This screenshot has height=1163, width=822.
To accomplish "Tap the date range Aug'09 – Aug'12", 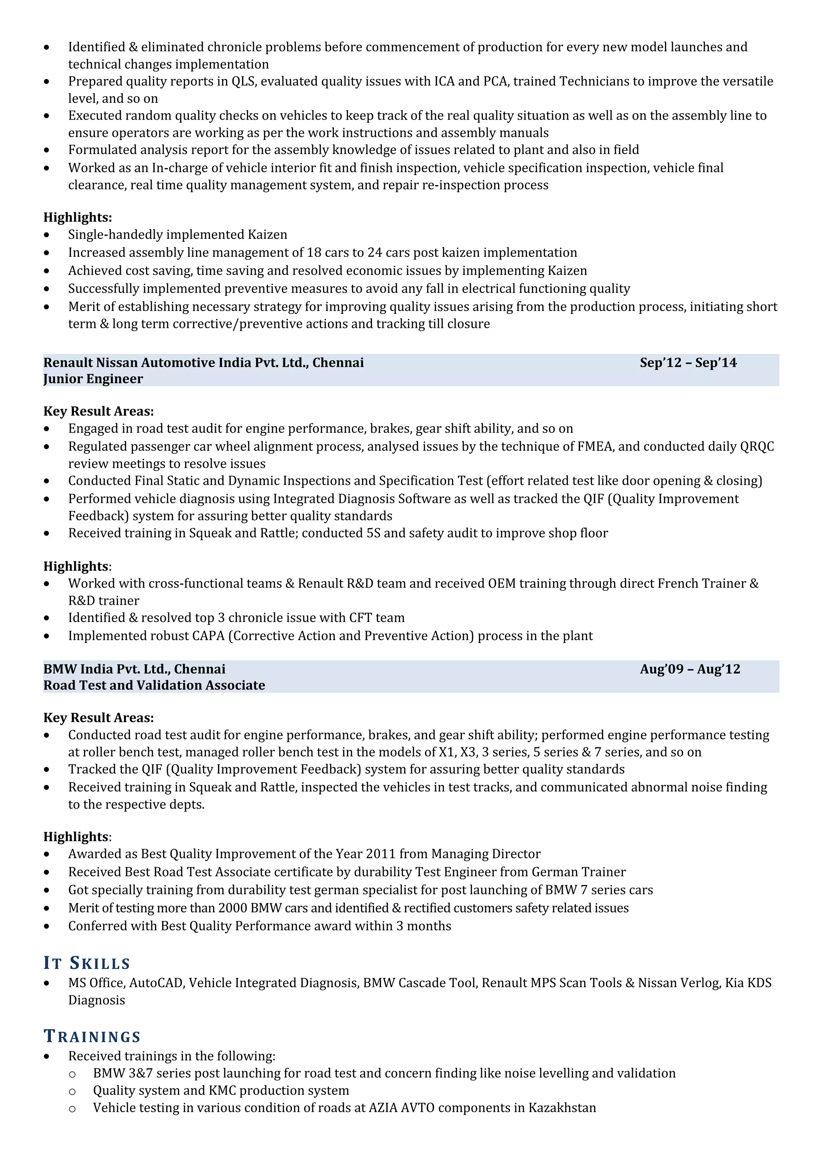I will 689,669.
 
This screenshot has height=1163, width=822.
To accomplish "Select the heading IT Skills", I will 87,963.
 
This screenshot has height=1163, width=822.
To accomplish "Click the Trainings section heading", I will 92,1036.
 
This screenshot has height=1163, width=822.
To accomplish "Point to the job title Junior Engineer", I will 93,379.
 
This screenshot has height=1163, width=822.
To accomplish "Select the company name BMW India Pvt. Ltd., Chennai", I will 134,669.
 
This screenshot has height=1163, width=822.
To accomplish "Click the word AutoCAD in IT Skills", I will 157,983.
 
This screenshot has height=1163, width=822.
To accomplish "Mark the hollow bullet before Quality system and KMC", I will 72,1091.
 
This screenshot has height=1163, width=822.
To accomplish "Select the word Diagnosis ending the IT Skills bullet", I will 96,1000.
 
